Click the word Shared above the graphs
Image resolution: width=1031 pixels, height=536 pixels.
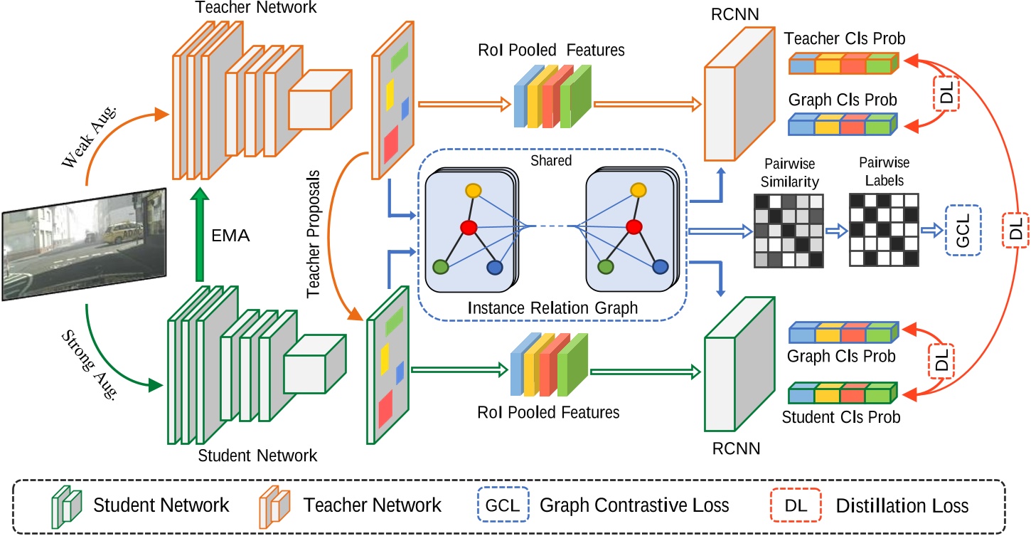click(x=551, y=161)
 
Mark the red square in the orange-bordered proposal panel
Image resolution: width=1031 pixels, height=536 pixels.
click(x=391, y=145)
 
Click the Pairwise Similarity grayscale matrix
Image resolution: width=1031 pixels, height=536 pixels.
click(x=787, y=232)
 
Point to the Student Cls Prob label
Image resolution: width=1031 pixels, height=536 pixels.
click(x=840, y=416)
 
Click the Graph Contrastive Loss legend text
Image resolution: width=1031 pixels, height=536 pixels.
click(x=635, y=505)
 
